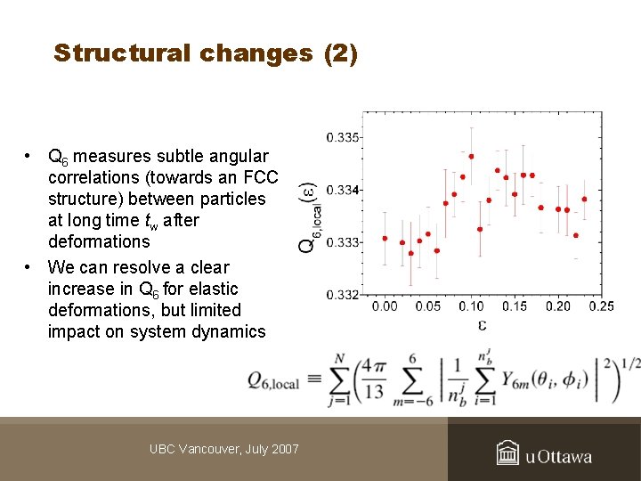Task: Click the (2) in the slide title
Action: tap(340, 53)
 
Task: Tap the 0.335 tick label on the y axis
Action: tap(343, 137)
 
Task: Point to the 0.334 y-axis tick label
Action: tap(343, 190)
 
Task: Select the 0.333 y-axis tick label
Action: tap(343, 242)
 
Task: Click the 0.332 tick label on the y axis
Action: tap(343, 295)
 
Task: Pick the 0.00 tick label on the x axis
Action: tap(385, 307)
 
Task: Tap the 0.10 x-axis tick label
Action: tap(472, 307)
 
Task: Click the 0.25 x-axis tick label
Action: tap(601, 307)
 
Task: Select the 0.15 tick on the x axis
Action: tap(515, 307)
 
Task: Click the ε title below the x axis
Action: tap(483, 324)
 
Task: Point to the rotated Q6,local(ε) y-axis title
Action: tap(307, 219)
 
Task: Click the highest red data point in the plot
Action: tap(471, 156)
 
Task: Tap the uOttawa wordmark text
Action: tap(558, 457)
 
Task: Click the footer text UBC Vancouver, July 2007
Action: tap(224, 449)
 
